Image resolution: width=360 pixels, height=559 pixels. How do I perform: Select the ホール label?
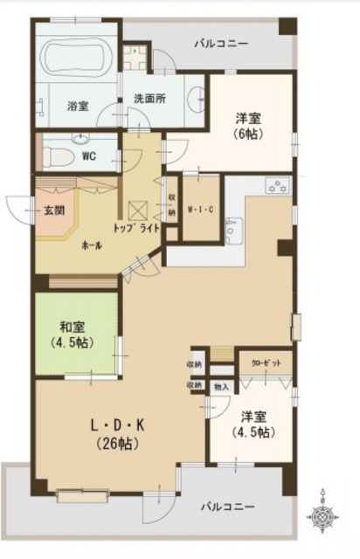(90, 245)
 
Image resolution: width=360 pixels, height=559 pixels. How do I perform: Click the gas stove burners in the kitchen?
(278, 186)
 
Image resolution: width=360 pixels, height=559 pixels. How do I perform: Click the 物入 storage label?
(222, 385)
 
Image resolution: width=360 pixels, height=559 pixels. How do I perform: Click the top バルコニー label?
(221, 44)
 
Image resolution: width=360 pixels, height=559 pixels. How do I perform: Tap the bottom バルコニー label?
(227, 506)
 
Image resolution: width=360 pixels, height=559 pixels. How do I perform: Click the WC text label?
(88, 157)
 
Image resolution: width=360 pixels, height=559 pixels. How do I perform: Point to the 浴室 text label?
(78, 106)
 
